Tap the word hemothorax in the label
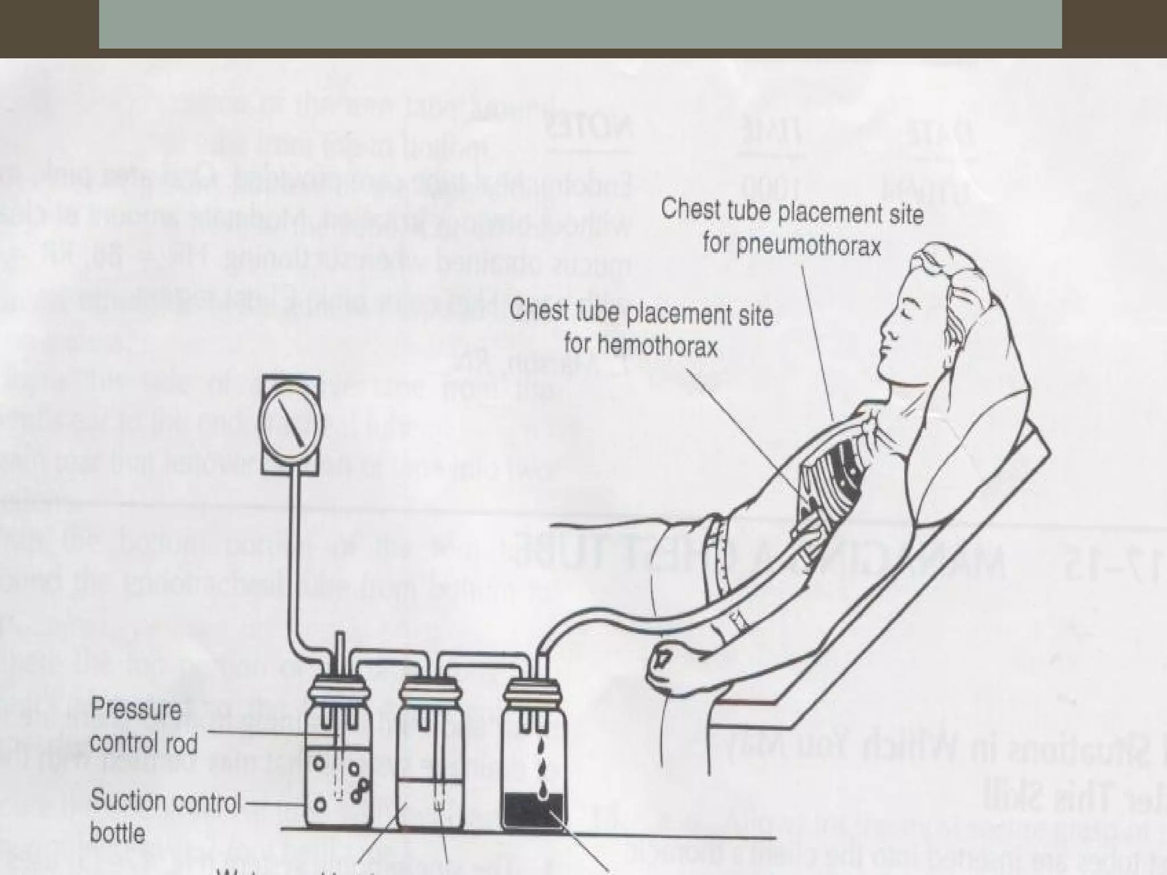point(641,346)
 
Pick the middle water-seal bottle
point(427,763)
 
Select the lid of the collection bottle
point(534,689)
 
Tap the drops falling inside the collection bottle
point(539,766)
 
